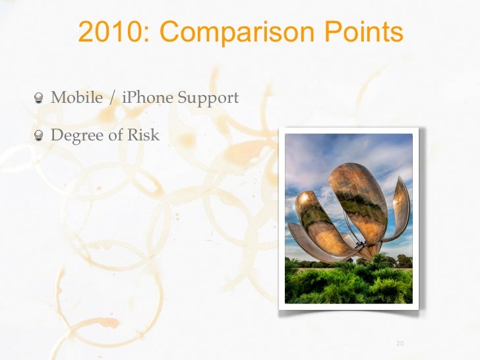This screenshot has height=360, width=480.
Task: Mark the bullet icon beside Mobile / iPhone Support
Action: pyautogui.click(x=40, y=99)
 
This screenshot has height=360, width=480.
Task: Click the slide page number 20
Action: pyautogui.click(x=400, y=343)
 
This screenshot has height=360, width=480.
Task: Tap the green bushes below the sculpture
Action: pyautogui.click(x=343, y=284)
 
